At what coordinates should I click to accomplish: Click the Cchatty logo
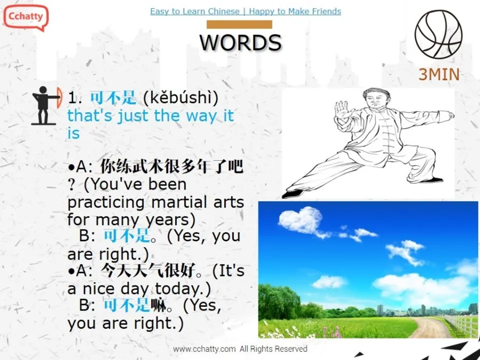(x=25, y=16)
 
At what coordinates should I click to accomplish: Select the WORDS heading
(x=240, y=43)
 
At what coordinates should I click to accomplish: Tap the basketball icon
(x=438, y=34)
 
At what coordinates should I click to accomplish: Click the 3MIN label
(x=438, y=74)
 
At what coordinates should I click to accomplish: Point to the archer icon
(x=46, y=105)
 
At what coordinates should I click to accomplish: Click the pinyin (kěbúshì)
(x=180, y=98)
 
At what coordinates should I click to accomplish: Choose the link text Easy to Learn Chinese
(x=195, y=11)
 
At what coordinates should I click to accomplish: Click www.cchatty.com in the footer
(x=204, y=349)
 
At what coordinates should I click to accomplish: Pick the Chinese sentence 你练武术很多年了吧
(x=171, y=166)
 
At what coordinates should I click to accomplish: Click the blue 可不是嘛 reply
(x=134, y=304)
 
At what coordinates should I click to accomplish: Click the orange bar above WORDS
(x=239, y=24)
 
